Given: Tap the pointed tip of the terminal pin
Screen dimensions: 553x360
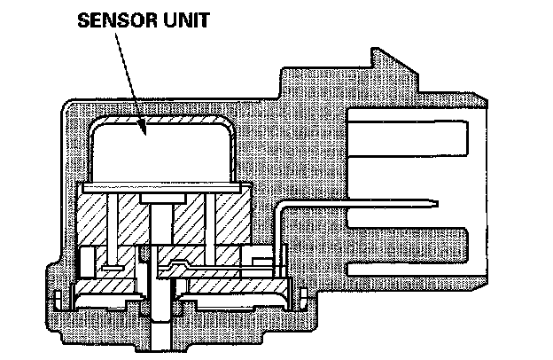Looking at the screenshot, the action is (x=436, y=205).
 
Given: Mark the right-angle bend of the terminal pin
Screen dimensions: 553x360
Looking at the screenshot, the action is (x=283, y=205).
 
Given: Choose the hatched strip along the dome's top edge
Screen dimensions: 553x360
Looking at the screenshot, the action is (x=160, y=121).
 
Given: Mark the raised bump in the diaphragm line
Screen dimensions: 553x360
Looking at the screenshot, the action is (x=178, y=264).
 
